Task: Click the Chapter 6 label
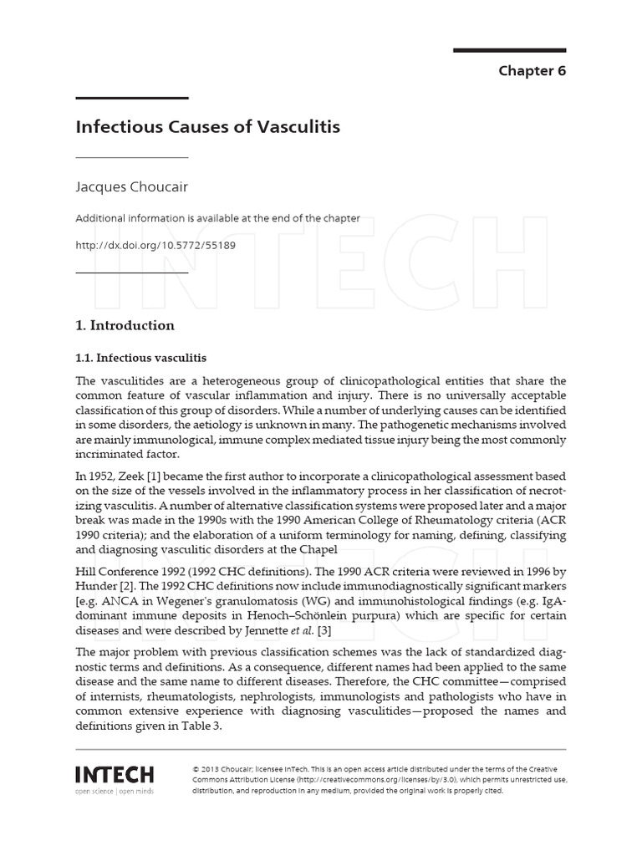coord(532,71)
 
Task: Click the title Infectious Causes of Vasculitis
coord(208,128)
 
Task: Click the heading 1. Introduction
coord(125,325)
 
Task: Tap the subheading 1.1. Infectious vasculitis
coord(141,357)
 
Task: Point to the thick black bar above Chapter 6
coord(509,50)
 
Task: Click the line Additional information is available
coord(218,218)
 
